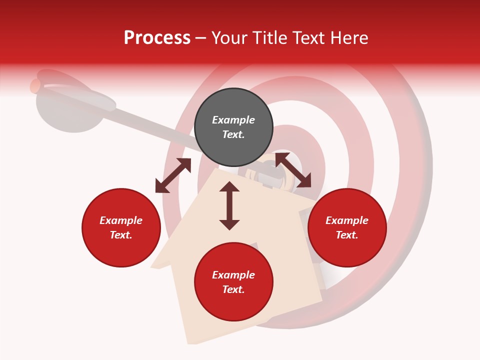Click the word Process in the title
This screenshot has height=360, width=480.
157,38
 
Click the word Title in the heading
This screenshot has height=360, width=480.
269,38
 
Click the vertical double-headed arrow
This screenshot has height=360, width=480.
229,205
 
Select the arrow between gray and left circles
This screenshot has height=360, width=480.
173,175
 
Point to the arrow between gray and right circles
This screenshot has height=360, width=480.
293,170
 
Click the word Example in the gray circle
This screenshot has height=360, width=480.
233,120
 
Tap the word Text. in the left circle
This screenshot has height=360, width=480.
121,235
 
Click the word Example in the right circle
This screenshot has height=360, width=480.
347,220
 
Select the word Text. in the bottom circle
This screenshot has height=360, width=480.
233,289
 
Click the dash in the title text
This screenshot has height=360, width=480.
200,38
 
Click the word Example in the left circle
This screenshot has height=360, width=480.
121,220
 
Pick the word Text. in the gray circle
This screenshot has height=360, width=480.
233,134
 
